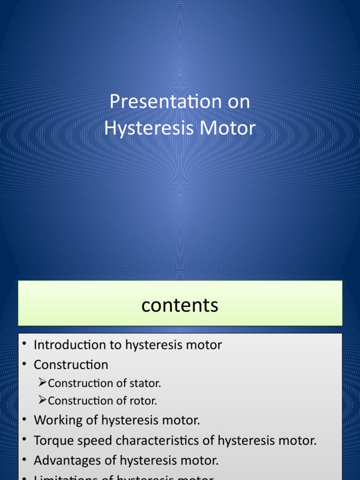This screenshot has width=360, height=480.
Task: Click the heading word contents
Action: [x=180, y=305]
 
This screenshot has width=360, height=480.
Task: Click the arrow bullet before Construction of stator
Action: [x=42, y=383]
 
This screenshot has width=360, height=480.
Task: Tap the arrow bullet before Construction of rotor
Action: [x=42, y=401]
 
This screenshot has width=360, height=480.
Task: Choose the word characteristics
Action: [x=157, y=441]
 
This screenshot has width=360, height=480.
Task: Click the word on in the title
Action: [x=239, y=102]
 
